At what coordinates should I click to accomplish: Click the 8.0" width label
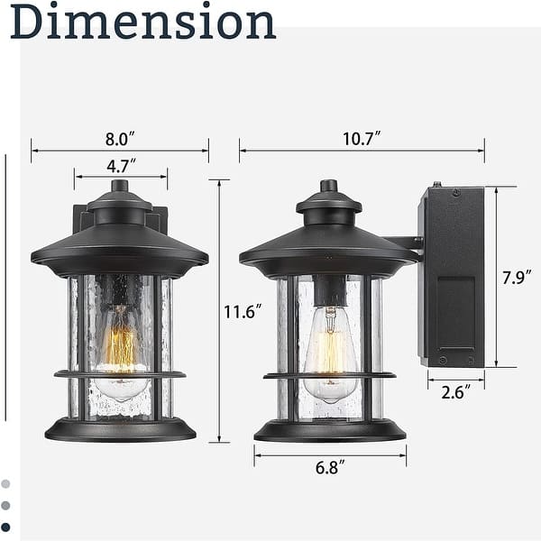120,140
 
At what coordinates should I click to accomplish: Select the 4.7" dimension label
120,166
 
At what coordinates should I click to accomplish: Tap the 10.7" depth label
361,139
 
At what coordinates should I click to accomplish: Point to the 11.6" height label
243,312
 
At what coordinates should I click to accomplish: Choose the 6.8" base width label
330,467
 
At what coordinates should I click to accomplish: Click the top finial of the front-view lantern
120,187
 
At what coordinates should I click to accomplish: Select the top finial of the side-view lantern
329,187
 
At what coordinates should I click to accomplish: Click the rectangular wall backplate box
452,276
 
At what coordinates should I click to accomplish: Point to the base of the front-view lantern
120,429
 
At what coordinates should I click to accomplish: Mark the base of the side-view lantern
330,429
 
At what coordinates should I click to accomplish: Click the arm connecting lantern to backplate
401,242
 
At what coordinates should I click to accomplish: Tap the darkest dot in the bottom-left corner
6,527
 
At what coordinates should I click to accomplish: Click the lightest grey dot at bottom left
6,484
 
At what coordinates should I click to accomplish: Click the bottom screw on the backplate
442,361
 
